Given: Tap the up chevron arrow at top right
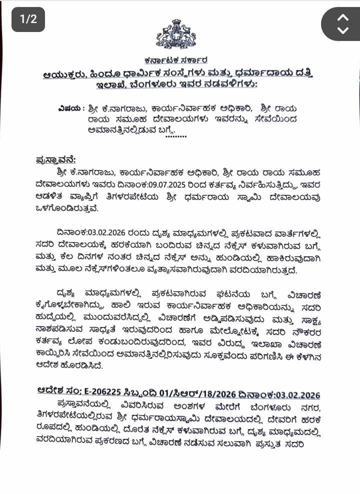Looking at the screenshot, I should point(342,17).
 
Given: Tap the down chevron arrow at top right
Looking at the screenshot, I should point(342,30).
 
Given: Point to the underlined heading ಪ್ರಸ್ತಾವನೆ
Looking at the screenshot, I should point(56,159).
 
